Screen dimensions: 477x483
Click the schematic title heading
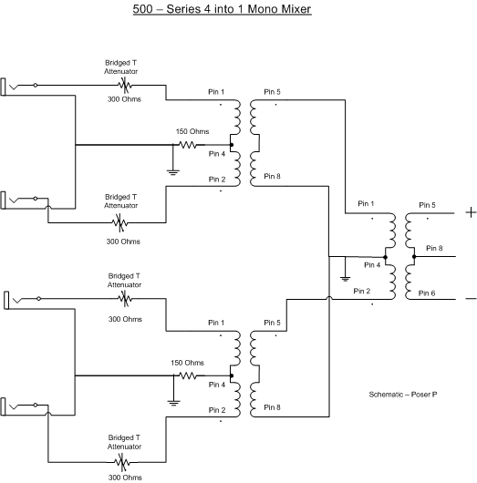coord(222,9)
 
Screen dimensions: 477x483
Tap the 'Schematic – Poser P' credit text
coord(403,395)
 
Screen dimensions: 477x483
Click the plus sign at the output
coord(471,212)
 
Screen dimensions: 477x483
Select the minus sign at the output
coord(471,299)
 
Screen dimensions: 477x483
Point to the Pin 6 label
coord(427,293)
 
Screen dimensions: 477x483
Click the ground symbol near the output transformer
coord(345,279)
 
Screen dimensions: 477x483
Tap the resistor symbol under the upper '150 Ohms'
coord(188,145)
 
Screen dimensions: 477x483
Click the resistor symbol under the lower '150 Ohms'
coord(188,375)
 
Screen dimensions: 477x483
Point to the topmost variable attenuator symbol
coord(125,85)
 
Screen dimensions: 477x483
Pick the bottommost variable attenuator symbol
coord(122,462)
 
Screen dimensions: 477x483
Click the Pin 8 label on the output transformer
coord(434,248)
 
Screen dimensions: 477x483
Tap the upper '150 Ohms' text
coord(192,131)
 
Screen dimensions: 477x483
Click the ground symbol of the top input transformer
coord(173,172)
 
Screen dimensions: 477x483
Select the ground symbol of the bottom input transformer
coord(173,403)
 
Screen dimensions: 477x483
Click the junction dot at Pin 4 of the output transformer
coord(385,257)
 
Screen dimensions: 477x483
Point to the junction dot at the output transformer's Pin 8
coord(414,257)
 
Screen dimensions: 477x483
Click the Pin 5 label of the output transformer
coord(427,205)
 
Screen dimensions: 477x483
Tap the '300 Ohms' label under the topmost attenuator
coord(124,99)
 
